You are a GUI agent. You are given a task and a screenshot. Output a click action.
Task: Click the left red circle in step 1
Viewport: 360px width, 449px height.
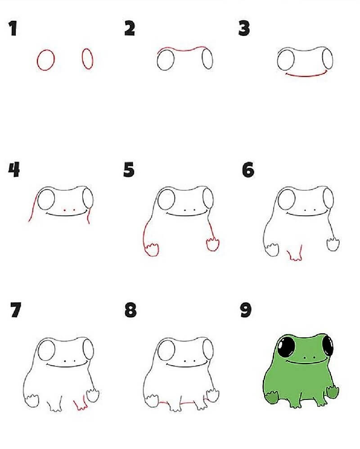[x=45, y=60]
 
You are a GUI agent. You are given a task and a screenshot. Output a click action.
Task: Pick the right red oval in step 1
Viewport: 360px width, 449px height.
[x=88, y=59]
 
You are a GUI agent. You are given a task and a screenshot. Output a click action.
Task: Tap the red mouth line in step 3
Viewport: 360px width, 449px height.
[x=306, y=75]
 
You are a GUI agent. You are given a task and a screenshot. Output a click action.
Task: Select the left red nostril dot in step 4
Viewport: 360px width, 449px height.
[x=65, y=210]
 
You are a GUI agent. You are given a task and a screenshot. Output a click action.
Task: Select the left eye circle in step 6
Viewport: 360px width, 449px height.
[x=286, y=199]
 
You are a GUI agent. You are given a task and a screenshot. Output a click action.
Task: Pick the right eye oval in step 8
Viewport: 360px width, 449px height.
[x=208, y=349]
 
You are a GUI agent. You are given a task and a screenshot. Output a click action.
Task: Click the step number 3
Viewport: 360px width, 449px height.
[x=244, y=29]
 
